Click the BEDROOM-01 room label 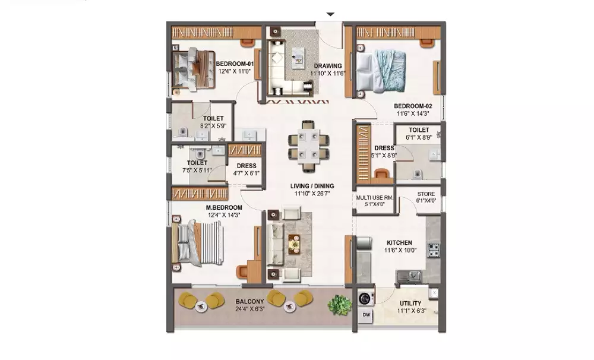click(235, 64)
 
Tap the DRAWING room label click(328, 66)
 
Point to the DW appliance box click(366, 315)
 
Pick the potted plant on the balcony click(340, 304)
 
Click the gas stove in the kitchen click(434, 250)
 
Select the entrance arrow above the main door click(331, 14)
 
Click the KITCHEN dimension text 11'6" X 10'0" click(400, 250)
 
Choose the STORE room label click(426, 194)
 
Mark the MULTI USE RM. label click(375, 197)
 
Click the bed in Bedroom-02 click(381, 72)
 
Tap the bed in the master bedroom click(197, 243)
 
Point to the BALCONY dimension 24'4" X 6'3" click(250, 309)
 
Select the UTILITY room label click(410, 304)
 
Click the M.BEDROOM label click(224, 208)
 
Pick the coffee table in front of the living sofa click(294, 244)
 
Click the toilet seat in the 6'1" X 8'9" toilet click(417, 174)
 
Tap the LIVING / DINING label click(312, 186)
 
